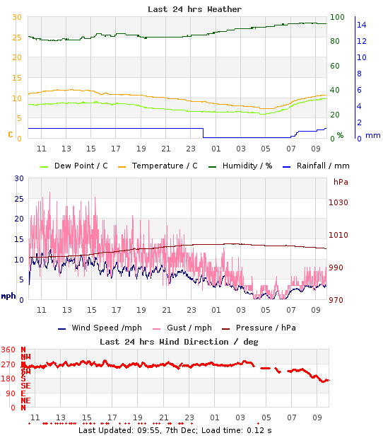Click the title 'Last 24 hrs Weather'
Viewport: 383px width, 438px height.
194,9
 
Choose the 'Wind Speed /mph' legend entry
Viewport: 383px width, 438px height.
100,328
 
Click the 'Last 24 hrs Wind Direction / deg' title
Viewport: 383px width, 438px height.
179,341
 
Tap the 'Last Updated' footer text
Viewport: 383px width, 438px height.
175,430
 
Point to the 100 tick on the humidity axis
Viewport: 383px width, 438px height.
338,17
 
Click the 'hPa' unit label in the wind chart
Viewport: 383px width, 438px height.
341,182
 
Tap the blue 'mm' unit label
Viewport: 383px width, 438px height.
372,135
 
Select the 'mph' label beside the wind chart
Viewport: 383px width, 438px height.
8,296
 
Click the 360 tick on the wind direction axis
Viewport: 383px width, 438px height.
8,350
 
